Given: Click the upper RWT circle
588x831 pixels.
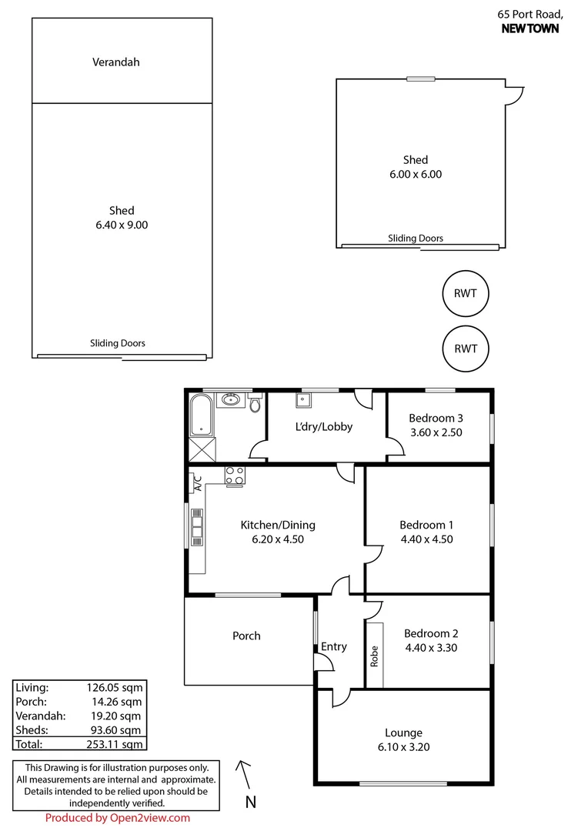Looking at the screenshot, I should pos(466,292).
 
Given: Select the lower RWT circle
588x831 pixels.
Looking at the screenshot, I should pos(466,348).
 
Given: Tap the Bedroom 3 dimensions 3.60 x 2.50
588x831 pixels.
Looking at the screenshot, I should pos(436,432).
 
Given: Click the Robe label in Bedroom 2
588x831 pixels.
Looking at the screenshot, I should pos(374,655).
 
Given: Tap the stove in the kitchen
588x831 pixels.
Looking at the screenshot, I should pos(235,476).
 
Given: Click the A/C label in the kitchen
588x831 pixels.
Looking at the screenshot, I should pos(197,482).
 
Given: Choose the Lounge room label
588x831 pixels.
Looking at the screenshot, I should pos(403,733).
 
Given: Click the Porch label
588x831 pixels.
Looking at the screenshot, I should pos(246,636).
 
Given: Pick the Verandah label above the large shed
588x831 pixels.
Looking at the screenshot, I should pos(115,62).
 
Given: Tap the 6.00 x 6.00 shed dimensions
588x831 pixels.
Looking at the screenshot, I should pos(416,174).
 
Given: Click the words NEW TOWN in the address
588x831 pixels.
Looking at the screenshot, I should pos(530,28).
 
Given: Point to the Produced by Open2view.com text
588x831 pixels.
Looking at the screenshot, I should pos(117,818).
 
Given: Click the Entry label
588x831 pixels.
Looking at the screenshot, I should pos(334,646).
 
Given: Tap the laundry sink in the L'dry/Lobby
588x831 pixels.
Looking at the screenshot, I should pos(302,399).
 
